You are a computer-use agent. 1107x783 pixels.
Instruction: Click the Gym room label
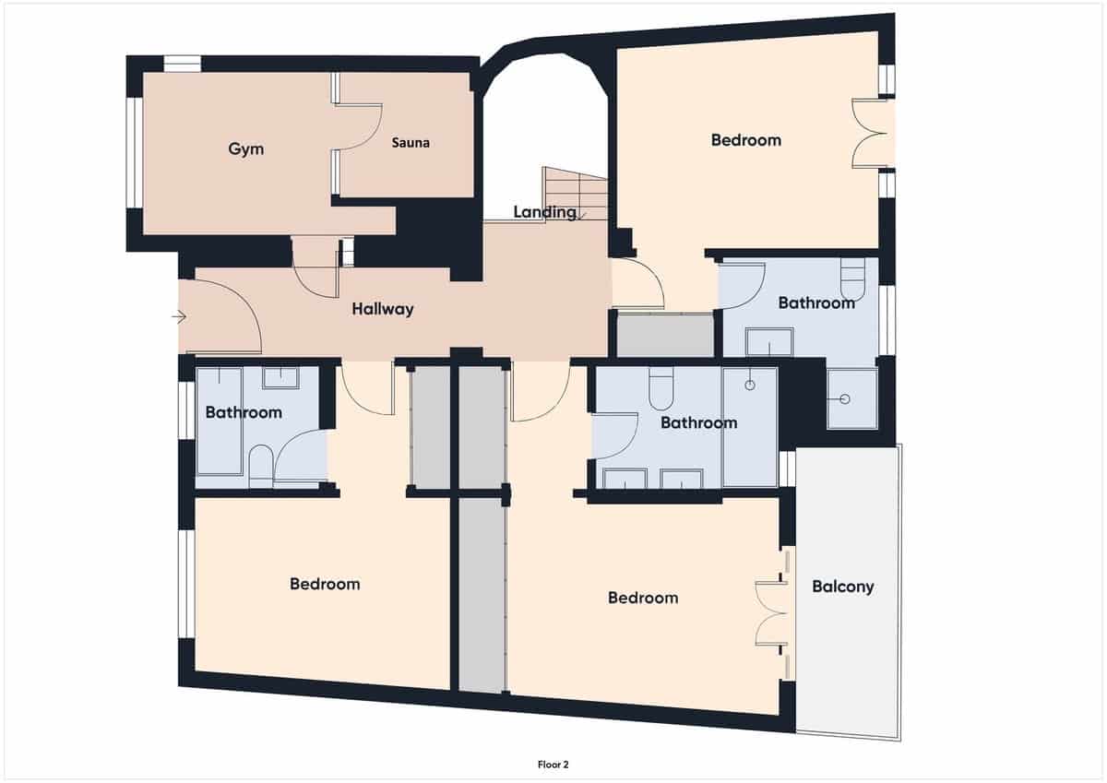click(x=246, y=148)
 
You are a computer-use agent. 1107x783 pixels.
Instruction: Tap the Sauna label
click(x=411, y=143)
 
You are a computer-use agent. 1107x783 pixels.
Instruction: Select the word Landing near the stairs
click(x=545, y=212)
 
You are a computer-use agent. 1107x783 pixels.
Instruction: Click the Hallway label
click(x=383, y=310)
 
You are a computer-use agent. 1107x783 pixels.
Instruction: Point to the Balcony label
click(x=843, y=587)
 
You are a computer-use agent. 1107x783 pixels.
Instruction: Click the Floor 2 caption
click(x=553, y=764)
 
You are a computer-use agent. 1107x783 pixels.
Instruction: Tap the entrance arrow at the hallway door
click(x=179, y=317)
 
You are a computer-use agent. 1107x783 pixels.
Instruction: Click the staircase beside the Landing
click(x=576, y=191)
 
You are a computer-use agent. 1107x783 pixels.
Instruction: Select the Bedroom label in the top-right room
click(x=746, y=140)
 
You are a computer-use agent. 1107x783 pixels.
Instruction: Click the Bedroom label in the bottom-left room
click(x=325, y=584)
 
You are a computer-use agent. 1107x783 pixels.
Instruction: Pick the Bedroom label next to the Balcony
click(x=643, y=598)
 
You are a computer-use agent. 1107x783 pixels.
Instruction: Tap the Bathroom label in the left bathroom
click(x=244, y=412)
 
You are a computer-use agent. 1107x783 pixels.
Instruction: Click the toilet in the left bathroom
click(x=261, y=466)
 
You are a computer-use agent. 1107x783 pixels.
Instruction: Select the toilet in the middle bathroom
click(x=661, y=389)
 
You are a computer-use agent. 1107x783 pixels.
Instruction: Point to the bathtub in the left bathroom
click(x=220, y=428)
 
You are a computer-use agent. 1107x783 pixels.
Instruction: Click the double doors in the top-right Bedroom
click(x=870, y=133)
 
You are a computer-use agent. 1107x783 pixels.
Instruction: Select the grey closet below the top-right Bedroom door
click(x=664, y=335)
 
